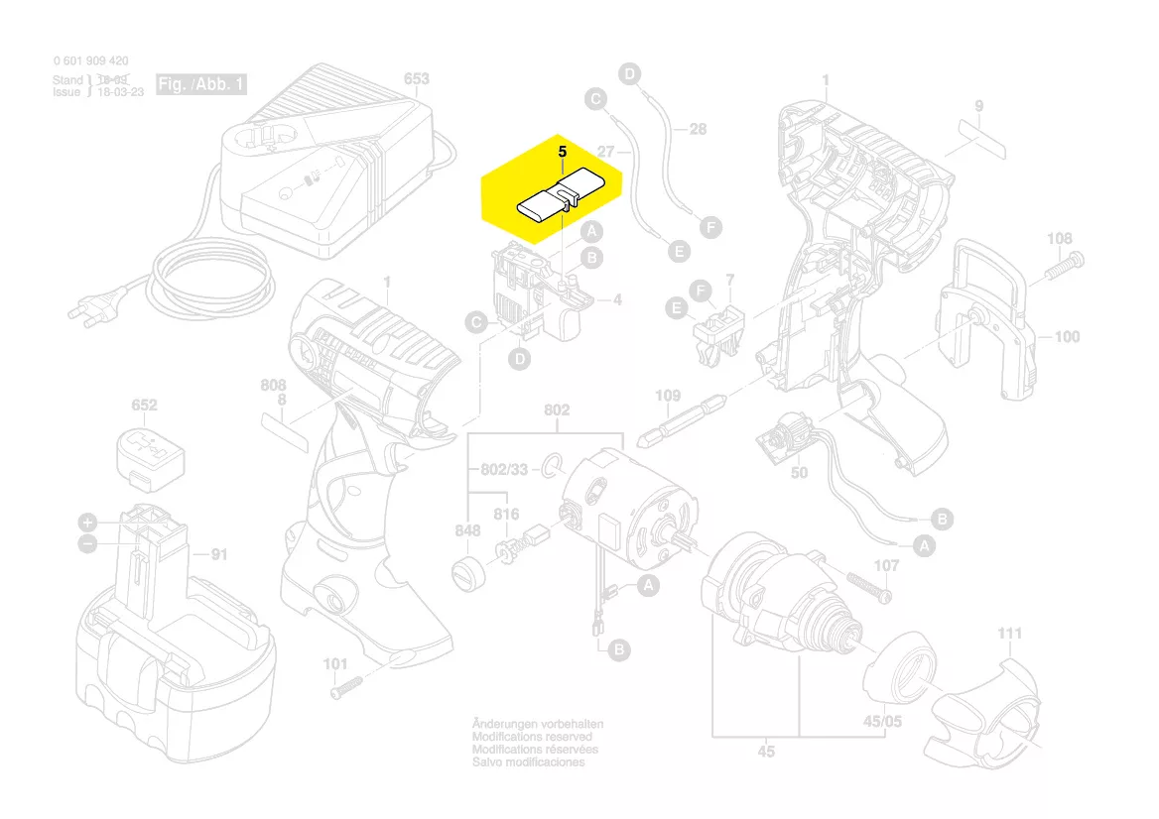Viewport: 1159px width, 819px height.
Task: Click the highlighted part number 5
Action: pyautogui.click(x=562, y=153)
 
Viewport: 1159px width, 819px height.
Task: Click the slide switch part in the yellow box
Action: pyautogui.click(x=559, y=202)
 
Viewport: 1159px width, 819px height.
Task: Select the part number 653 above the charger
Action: pyautogui.click(x=417, y=79)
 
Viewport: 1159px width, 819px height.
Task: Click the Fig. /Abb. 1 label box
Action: pyautogui.click(x=201, y=85)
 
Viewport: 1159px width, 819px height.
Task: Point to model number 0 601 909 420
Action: pyautogui.click(x=90, y=61)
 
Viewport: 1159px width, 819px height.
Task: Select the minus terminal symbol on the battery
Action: pyautogui.click(x=87, y=543)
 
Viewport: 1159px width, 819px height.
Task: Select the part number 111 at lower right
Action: pyautogui.click(x=1009, y=634)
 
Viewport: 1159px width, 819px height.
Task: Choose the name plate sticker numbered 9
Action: pyautogui.click(x=980, y=134)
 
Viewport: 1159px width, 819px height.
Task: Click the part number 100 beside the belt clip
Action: pyautogui.click(x=1066, y=337)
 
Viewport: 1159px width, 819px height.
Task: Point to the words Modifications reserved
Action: pyautogui.click(x=532, y=738)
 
